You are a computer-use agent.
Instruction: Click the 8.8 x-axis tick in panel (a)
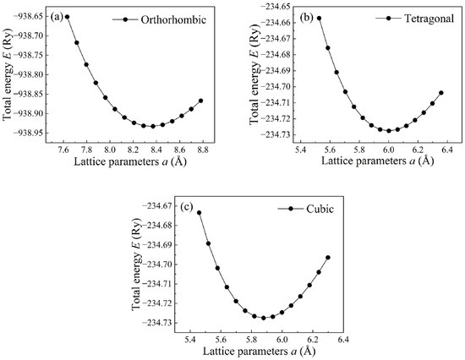[x=203, y=150]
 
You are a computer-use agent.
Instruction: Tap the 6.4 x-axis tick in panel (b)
[x=447, y=150]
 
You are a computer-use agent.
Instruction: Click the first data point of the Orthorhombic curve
[x=68, y=17]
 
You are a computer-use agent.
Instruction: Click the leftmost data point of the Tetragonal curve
[x=319, y=18]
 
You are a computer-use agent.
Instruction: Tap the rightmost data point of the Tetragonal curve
[x=441, y=93]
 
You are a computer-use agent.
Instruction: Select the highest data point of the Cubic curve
[x=200, y=213]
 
